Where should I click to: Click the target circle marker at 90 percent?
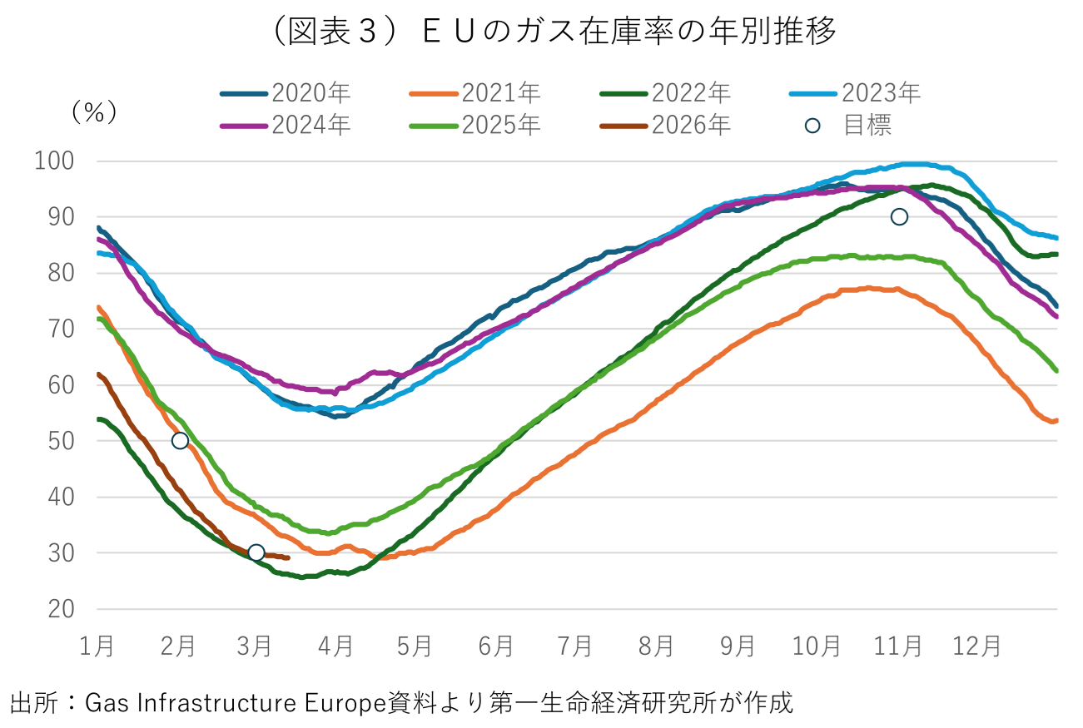tap(899, 217)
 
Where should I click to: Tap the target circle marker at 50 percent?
tap(180, 441)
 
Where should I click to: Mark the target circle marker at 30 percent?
tap(256, 552)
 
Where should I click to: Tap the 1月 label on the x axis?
tap(97, 646)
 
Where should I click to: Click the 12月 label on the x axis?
tap(976, 646)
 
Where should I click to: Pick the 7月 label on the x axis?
tap(575, 646)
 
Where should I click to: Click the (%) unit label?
tap(94, 112)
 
